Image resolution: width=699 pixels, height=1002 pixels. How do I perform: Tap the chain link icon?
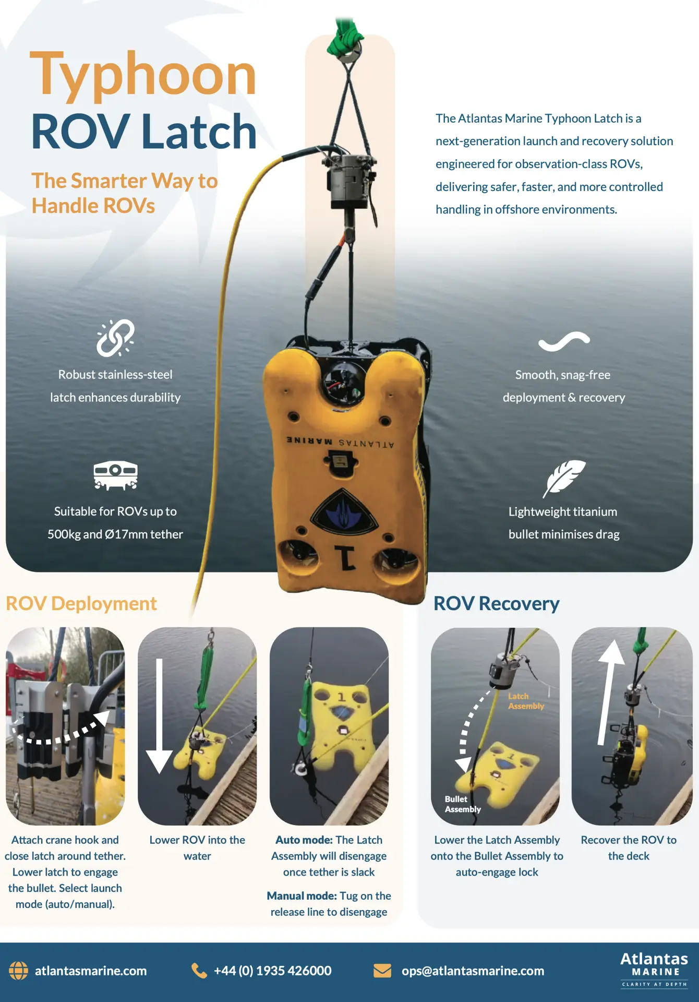click(115, 338)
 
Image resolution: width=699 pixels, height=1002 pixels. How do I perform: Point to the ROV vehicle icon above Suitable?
click(115, 475)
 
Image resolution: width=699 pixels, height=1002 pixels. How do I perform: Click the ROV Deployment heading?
click(81, 604)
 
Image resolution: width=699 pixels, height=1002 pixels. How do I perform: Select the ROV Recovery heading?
click(496, 604)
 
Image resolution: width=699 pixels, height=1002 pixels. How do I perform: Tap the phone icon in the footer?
click(199, 971)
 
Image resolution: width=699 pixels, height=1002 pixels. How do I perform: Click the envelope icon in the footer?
click(382, 971)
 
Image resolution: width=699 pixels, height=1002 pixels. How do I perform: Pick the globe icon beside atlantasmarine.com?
click(18, 971)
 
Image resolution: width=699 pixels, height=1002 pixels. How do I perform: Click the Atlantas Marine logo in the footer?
click(654, 970)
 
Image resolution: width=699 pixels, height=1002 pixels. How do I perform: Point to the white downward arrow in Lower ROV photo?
click(159, 715)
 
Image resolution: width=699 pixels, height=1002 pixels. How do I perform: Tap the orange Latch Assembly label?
click(526, 701)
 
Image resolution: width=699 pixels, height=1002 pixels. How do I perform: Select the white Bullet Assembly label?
click(463, 804)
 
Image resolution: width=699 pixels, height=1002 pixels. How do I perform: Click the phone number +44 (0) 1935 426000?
click(272, 971)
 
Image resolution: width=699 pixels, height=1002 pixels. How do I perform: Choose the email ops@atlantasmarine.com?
click(473, 971)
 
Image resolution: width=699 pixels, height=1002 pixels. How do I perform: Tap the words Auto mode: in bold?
click(304, 840)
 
